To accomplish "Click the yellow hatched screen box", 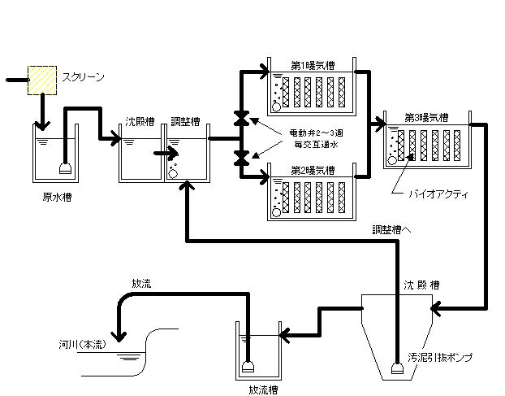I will (42, 79).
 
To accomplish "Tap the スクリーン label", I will (84, 77).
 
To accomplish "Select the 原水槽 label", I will (55, 197).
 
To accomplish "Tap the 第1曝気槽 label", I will (312, 63).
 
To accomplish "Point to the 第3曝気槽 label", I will (426, 116).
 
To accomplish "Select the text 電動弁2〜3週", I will (317, 133).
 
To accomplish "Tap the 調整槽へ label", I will (392, 229).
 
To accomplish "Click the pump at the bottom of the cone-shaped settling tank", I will (397, 367).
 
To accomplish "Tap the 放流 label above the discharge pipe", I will (141, 284).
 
